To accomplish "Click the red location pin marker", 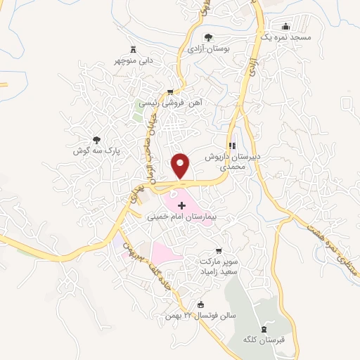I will pyautogui.click(x=181, y=165).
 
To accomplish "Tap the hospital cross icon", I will pyautogui.click(x=183, y=206).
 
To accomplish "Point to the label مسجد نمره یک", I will pyautogui.click(x=285, y=36).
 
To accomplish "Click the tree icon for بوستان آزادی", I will pyautogui.click(x=207, y=37).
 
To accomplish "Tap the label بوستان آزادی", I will pyautogui.click(x=209, y=49).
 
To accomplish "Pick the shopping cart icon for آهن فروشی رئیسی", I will pyautogui.click(x=170, y=92).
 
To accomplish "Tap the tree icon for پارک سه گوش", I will pyautogui.click(x=97, y=140).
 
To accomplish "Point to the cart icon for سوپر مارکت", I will pyautogui.click(x=219, y=250).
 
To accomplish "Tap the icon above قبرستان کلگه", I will pyautogui.click(x=264, y=328).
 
